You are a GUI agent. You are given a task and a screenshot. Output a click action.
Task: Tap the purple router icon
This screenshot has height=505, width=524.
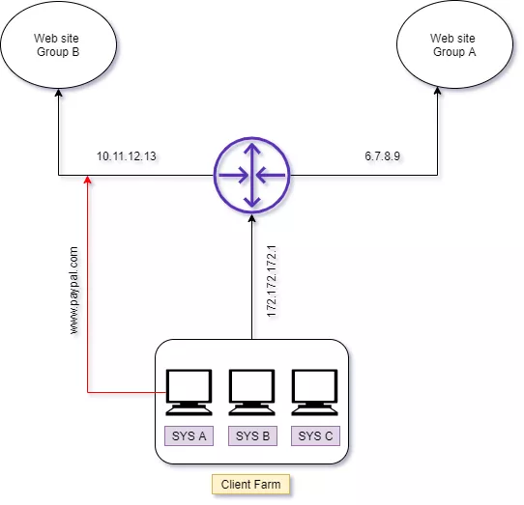tap(252, 175)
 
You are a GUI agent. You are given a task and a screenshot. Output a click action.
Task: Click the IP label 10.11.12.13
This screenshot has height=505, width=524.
tap(127, 156)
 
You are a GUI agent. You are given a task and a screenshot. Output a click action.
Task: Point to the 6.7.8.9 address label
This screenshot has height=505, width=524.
tap(382, 155)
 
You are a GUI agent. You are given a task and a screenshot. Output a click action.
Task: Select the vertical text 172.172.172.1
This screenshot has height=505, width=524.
tap(272, 281)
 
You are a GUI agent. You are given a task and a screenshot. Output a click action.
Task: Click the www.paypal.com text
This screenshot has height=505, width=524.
tap(73, 290)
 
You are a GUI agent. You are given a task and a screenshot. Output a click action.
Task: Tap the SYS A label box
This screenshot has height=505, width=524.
tap(189, 435)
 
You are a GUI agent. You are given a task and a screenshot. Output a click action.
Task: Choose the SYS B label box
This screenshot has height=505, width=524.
tap(252, 435)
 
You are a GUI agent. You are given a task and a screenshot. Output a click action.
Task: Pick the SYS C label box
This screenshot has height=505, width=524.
tap(315, 435)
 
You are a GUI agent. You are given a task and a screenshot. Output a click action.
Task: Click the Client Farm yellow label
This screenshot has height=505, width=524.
tap(250, 484)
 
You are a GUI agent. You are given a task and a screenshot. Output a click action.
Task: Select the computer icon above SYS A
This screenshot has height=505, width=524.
tap(189, 392)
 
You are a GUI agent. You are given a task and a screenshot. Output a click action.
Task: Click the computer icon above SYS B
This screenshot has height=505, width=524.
tap(251, 392)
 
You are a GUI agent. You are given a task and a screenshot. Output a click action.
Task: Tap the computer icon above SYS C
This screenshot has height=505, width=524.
tap(314, 392)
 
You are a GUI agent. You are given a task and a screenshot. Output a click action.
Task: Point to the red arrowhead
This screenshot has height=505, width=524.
tap(88, 180)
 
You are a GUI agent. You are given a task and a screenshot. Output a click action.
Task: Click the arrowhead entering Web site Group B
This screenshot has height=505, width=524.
tap(58, 93)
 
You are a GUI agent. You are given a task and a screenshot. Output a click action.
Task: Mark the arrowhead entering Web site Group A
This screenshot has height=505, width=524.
tap(437, 91)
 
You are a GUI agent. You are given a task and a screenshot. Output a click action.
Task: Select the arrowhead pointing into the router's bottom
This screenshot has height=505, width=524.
tap(252, 218)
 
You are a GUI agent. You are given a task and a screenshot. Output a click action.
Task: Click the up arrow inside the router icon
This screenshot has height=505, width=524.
tap(252, 151)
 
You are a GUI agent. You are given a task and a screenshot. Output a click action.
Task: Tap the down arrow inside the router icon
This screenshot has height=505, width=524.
tap(252, 199)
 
